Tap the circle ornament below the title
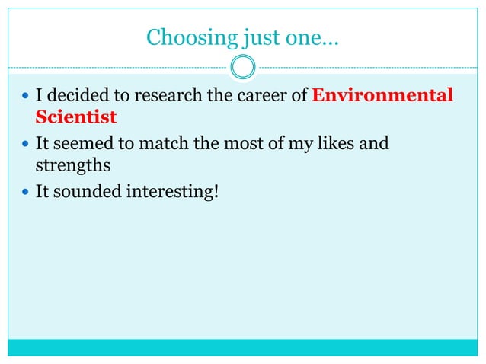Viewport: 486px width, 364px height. [x=243, y=68]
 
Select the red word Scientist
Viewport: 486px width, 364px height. [x=76, y=117]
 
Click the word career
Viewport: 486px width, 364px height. [x=263, y=95]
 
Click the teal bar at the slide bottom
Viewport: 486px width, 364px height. [x=243, y=347]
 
